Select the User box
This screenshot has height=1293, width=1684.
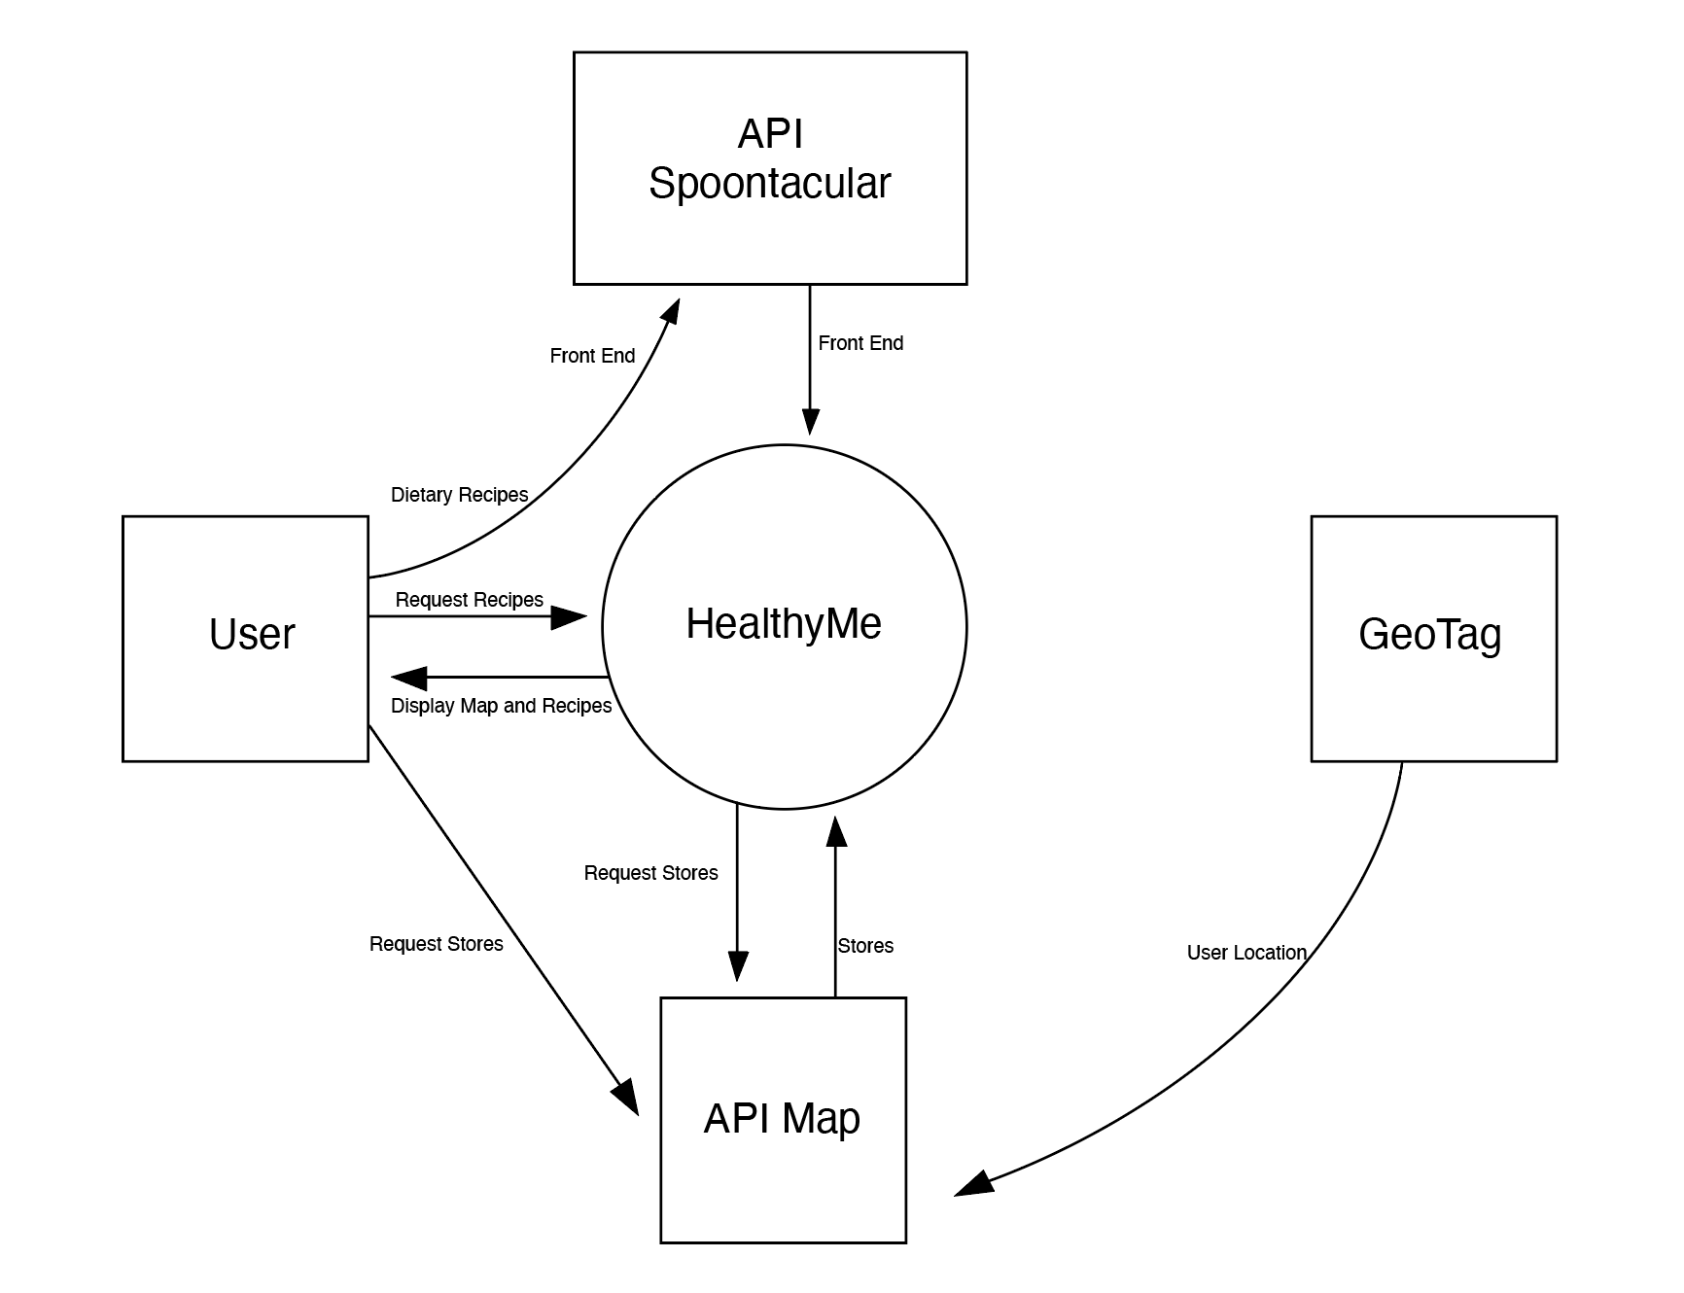click(245, 638)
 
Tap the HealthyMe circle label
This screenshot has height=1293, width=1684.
click(784, 624)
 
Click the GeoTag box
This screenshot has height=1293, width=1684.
click(1433, 638)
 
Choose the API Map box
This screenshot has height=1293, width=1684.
click(783, 1119)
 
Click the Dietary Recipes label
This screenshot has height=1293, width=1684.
click(459, 495)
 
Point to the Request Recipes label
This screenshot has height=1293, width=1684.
click(469, 600)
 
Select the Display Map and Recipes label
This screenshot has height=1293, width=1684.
click(501, 706)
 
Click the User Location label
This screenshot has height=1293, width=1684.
click(1245, 953)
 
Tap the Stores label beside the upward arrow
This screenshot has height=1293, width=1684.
click(865, 946)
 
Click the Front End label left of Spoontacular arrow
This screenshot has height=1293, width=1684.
click(592, 356)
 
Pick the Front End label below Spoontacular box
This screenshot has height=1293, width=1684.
click(860, 343)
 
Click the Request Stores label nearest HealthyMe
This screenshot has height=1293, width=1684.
click(650, 873)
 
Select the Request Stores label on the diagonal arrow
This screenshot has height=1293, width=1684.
click(436, 944)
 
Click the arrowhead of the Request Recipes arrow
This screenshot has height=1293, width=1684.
click(570, 616)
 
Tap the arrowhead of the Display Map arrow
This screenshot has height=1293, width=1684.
click(408, 678)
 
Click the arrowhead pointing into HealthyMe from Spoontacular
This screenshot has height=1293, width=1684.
click(810, 421)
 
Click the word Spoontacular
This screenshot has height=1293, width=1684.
click(769, 184)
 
